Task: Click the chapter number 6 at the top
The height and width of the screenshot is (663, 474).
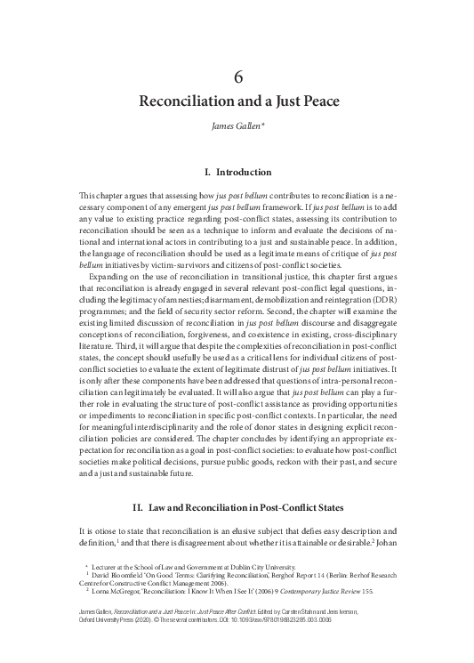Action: tap(237, 77)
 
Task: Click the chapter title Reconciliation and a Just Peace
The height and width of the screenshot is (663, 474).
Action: tap(237, 100)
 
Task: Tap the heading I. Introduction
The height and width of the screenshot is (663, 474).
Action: tap(237, 172)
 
